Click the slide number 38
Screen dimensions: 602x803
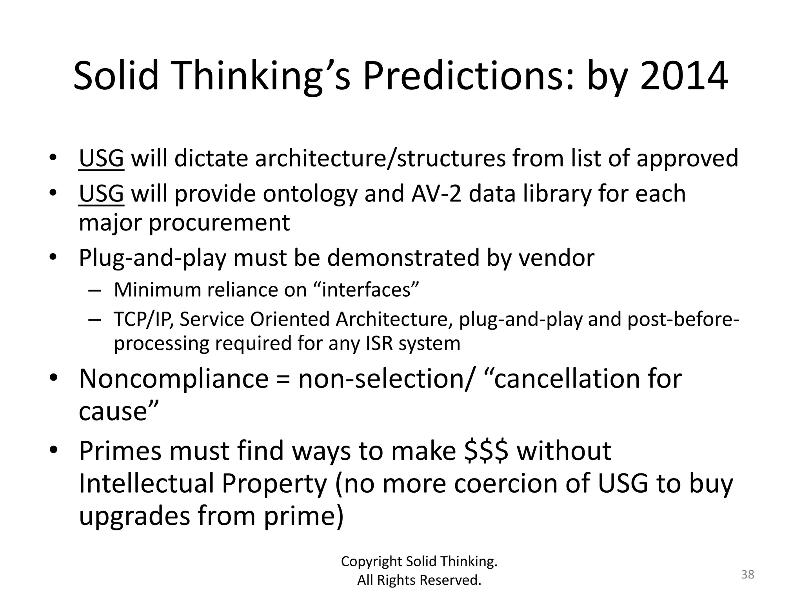[747, 575]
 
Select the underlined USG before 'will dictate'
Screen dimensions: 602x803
[101, 158]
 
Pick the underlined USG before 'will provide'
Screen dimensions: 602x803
[101, 194]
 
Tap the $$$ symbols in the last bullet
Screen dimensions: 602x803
[486, 451]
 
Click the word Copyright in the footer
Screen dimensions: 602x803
[372, 561]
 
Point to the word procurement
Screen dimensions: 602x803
[220, 223]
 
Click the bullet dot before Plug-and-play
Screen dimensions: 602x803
[54, 258]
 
